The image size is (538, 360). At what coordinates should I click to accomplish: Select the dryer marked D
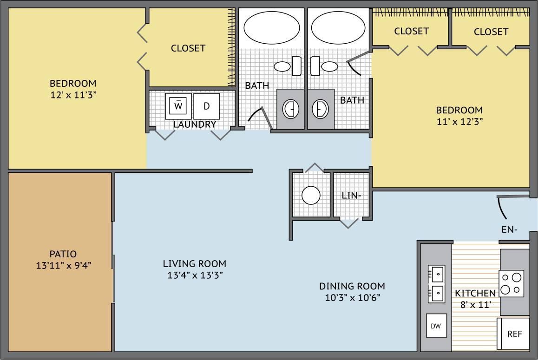pos(207,106)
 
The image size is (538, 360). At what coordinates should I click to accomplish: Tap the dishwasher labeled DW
pos(436,327)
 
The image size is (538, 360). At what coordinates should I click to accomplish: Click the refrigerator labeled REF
pos(514,334)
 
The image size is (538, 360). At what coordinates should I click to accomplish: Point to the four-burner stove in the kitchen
pos(511,283)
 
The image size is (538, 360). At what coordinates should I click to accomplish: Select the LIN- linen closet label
pos(352,196)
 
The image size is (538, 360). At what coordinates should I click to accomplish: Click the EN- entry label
pos(510,229)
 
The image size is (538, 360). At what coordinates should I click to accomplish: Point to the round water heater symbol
pos(311,195)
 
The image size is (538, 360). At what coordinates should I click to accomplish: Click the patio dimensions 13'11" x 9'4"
pos(63,266)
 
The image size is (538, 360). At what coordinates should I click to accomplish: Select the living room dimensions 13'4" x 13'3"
pos(195,275)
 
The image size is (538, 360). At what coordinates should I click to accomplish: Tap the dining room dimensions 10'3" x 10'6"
pos(352,297)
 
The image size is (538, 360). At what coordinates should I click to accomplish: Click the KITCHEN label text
pos(475,293)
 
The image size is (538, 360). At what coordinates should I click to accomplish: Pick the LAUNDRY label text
pos(195,124)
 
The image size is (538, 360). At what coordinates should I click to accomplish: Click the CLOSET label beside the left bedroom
pos(188,48)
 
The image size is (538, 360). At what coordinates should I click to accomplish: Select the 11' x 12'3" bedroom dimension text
pos(459,122)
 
